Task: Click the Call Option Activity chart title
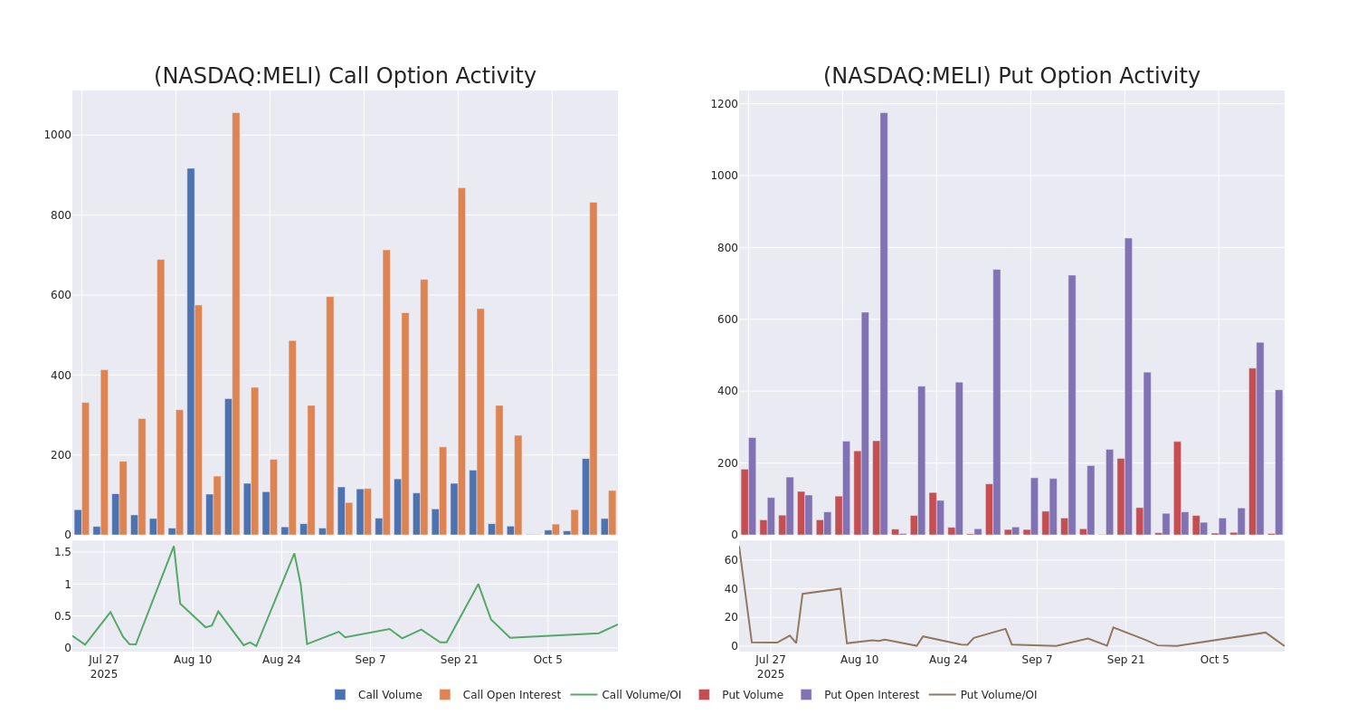click(x=345, y=76)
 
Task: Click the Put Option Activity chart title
click(x=1011, y=76)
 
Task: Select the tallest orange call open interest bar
click(x=236, y=323)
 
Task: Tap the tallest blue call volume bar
click(x=191, y=351)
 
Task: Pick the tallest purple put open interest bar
click(x=884, y=323)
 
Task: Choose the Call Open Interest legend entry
click(x=511, y=695)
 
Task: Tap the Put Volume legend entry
click(x=752, y=695)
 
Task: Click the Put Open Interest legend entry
click(x=870, y=695)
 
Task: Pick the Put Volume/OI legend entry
click(x=998, y=695)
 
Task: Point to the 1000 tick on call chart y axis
click(x=57, y=135)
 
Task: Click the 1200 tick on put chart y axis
click(x=724, y=104)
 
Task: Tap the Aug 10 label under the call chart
click(x=193, y=660)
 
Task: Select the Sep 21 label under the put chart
click(x=1126, y=660)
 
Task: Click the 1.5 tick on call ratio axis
click(x=62, y=551)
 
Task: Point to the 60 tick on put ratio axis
click(x=731, y=560)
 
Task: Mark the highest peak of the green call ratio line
click(x=174, y=546)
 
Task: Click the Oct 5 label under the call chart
click(x=548, y=660)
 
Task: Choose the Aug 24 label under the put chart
click(x=948, y=660)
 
